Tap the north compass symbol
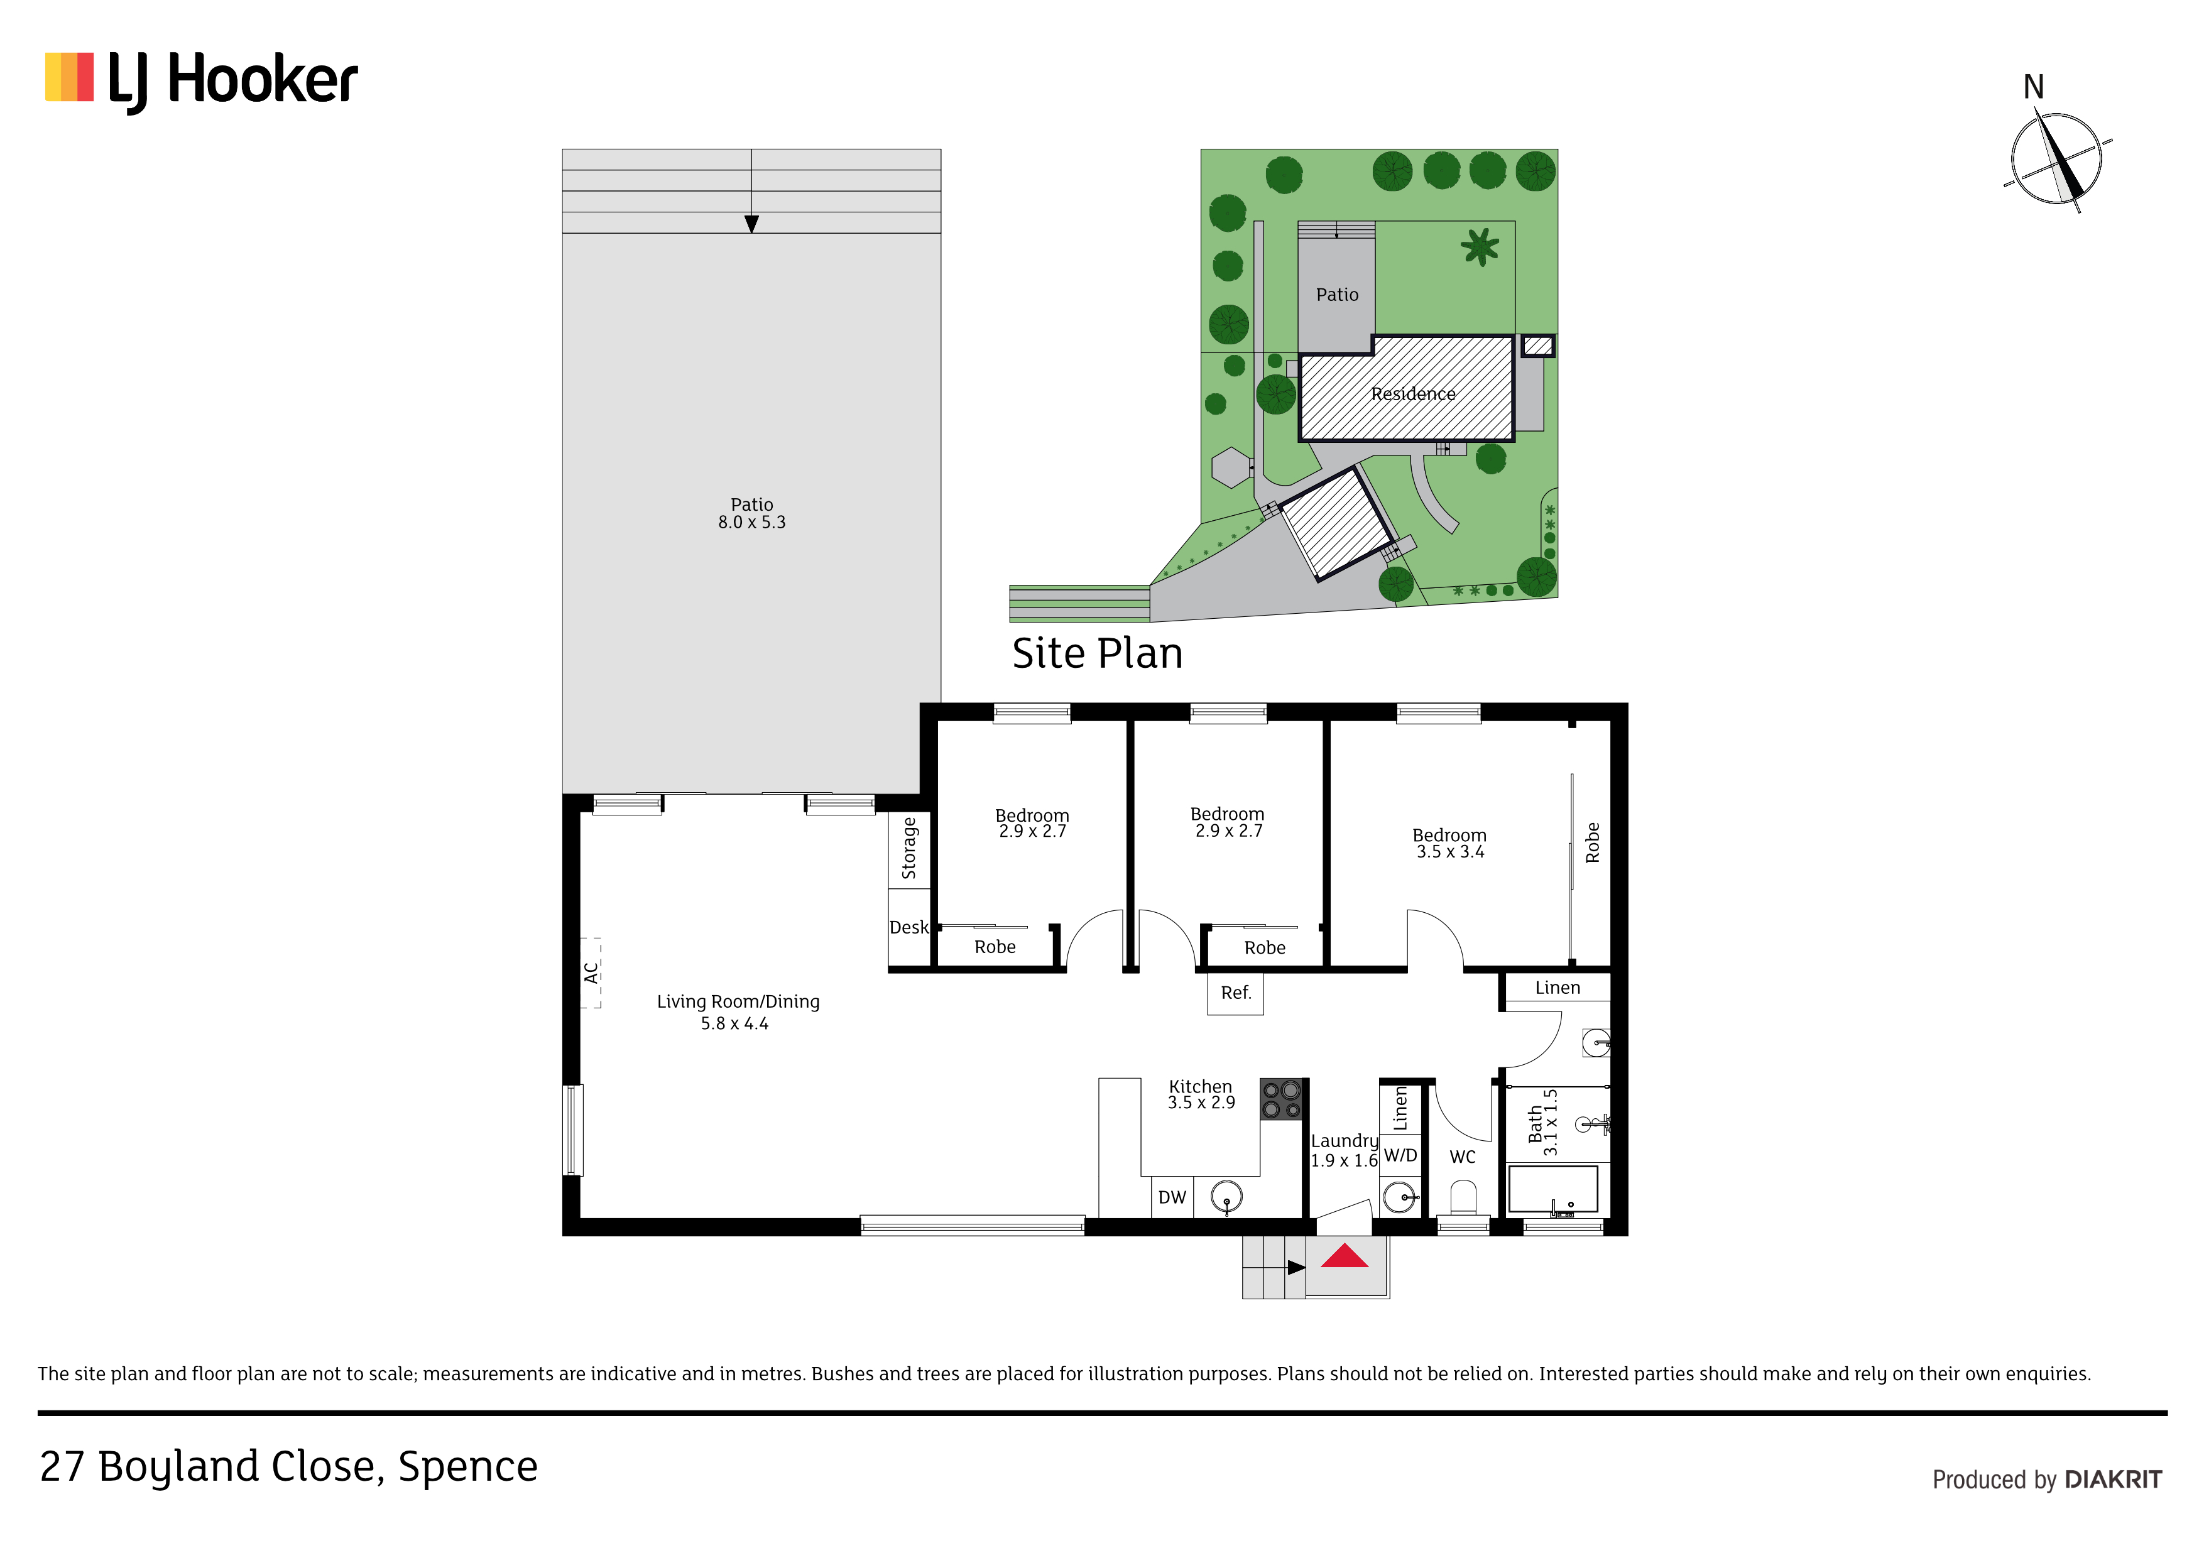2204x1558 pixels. click(x=2056, y=158)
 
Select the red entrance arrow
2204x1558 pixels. click(x=1344, y=1256)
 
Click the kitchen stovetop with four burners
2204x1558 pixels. click(x=1282, y=1099)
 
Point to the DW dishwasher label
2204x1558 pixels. click(x=1172, y=1197)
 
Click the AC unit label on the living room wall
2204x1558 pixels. click(x=591, y=972)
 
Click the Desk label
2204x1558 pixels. click(x=908, y=927)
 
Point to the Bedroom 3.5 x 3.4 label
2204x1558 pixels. click(x=1449, y=843)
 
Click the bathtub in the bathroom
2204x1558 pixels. click(x=1553, y=1190)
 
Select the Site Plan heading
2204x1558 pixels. click(x=1097, y=654)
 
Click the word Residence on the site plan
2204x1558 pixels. click(x=1413, y=393)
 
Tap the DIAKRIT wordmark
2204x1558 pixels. click(x=2113, y=1479)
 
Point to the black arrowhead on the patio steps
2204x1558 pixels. click(x=751, y=224)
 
